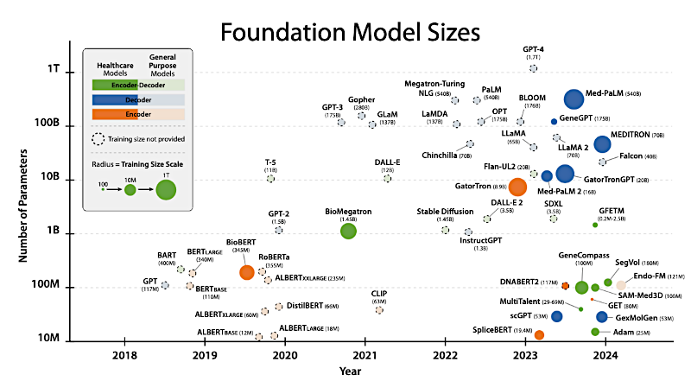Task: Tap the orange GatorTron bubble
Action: pyautogui.click(x=517, y=186)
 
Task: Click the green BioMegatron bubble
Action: pyautogui.click(x=348, y=231)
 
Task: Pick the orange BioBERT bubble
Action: pyautogui.click(x=247, y=272)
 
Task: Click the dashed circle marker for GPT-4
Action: pyautogui.click(x=533, y=67)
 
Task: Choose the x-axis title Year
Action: pyautogui.click(x=350, y=371)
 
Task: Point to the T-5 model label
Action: pyautogui.click(x=270, y=162)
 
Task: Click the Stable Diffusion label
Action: pyautogui.click(x=445, y=211)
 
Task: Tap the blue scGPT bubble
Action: pyautogui.click(x=557, y=316)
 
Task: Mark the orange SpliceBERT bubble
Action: pyautogui.click(x=539, y=334)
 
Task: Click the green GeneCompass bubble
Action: pyautogui.click(x=581, y=287)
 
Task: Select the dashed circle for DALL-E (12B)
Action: pyautogui.click(x=387, y=178)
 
